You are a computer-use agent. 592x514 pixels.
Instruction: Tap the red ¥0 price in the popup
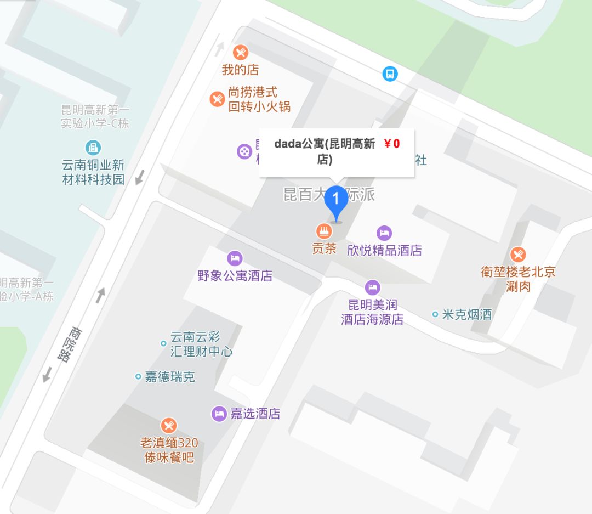pyautogui.click(x=391, y=144)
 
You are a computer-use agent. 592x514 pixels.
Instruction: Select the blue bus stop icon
pyautogui.click(x=390, y=74)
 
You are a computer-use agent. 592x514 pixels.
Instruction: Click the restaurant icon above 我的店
pyautogui.click(x=240, y=53)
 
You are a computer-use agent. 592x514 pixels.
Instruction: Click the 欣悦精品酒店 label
pyautogui.click(x=384, y=251)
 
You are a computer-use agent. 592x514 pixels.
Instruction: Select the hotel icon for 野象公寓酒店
pyautogui.click(x=235, y=258)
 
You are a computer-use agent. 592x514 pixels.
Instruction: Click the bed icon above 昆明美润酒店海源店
pyautogui.click(x=373, y=287)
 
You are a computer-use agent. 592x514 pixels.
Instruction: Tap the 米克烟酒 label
pyautogui.click(x=466, y=314)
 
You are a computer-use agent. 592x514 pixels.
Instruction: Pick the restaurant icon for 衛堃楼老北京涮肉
pyautogui.click(x=518, y=255)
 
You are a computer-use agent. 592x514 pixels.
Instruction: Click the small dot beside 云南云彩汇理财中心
pyautogui.click(x=163, y=343)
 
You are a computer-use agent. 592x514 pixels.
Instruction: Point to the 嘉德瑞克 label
pyautogui.click(x=169, y=377)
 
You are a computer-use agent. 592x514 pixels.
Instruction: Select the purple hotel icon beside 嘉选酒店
pyautogui.click(x=219, y=414)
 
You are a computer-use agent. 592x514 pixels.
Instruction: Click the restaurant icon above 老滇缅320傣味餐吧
pyautogui.click(x=169, y=426)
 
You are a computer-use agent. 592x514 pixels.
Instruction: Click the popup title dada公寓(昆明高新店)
pyautogui.click(x=325, y=152)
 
